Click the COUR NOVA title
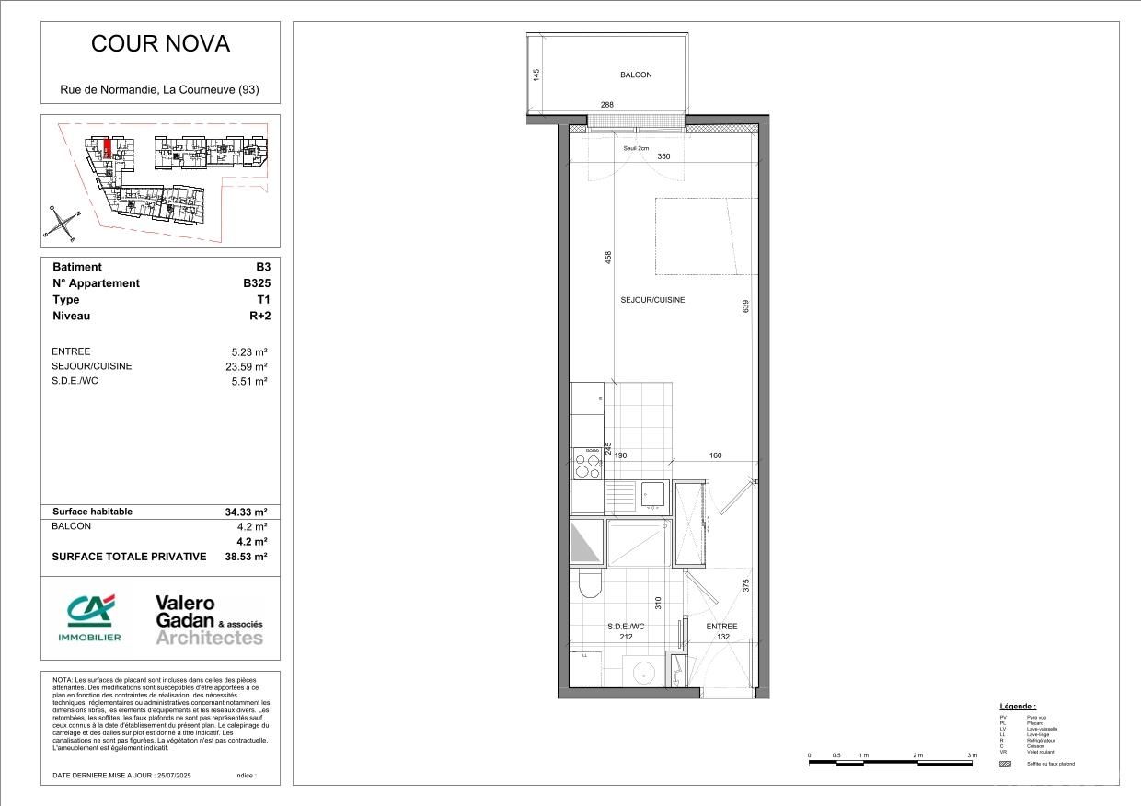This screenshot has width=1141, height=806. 160,44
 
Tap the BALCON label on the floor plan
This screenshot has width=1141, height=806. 635,75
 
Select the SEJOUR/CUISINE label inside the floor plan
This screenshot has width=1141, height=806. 652,300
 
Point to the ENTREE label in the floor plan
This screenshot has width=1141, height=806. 721,627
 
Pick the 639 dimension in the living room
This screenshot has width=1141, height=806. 745,306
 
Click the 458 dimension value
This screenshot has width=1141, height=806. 607,259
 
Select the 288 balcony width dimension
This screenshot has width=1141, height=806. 607,106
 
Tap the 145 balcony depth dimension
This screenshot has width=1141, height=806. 536,75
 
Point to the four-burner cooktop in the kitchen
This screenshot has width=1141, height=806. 586,464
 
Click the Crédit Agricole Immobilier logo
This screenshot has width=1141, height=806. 90,617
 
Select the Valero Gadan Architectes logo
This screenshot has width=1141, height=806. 209,620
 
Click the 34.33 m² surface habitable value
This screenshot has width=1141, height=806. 245,512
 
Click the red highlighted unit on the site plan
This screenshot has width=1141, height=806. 108,148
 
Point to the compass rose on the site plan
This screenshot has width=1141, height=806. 63,224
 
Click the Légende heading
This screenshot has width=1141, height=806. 1018,706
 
